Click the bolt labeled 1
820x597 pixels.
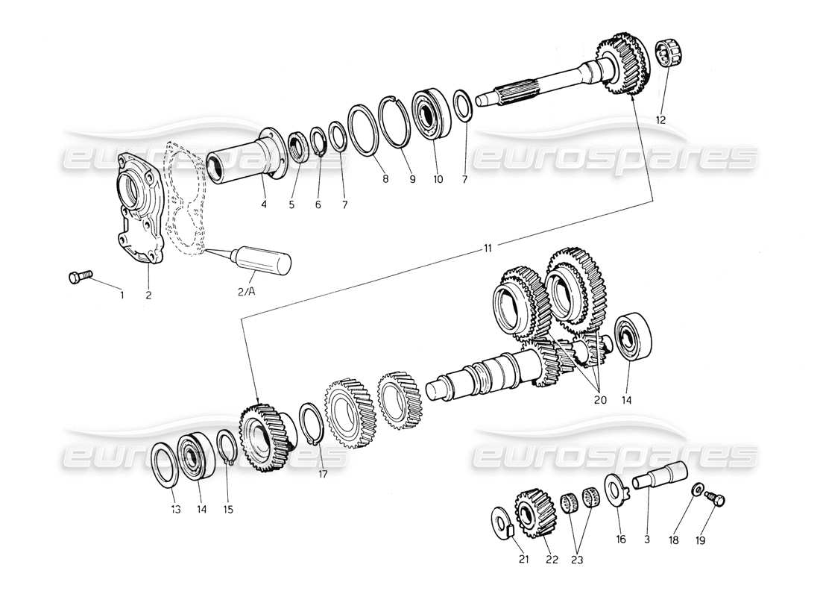pos(78,277)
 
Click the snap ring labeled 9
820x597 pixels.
pos(396,122)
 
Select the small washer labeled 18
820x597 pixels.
pos(696,490)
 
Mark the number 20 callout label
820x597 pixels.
pos(600,401)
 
